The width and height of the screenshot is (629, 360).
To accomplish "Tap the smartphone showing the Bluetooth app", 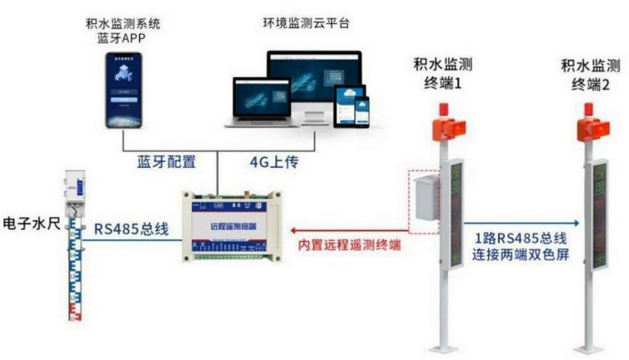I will point(123,89).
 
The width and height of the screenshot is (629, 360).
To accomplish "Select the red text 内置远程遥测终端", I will point(353,245).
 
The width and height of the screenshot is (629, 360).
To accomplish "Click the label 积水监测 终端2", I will point(590,73).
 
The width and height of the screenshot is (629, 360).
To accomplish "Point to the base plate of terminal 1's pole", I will point(446,344).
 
